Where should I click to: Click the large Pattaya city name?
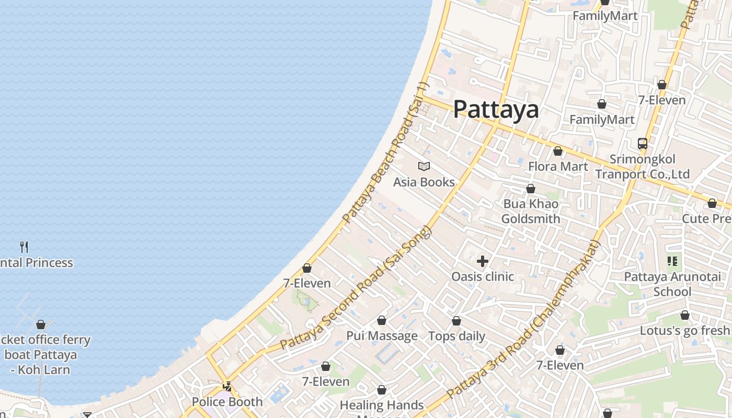495,109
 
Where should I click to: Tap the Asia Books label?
424,182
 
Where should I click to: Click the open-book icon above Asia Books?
424,167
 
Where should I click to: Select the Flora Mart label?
558,167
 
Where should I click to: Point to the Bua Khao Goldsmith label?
531,211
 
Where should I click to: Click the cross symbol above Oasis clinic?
483,261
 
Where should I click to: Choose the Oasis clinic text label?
483,276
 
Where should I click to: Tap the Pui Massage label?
382,335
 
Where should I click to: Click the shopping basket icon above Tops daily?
456,321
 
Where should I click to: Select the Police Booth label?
227,402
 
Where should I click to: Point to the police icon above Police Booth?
227,387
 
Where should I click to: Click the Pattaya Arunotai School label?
672,284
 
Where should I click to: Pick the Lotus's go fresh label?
684,331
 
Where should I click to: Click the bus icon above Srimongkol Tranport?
643,144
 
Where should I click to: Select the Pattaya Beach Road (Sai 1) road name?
386,153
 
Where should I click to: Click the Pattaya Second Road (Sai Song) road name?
356,288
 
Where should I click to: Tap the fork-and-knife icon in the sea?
24,247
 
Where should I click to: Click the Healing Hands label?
382,405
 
